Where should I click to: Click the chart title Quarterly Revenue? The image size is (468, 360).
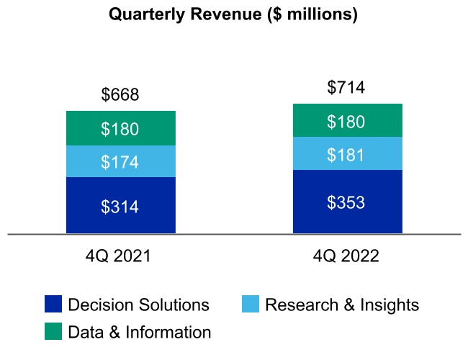[233, 14]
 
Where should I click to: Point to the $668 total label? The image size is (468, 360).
[120, 95]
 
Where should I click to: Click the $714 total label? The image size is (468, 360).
[346, 88]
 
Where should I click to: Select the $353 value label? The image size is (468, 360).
[346, 202]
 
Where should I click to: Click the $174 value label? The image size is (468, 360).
[120, 163]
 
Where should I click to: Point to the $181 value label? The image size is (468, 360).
[346, 155]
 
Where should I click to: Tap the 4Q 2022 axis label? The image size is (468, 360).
[346, 256]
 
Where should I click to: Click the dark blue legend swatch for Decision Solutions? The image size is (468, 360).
[53, 305]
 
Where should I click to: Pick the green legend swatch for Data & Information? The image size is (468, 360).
[53, 331]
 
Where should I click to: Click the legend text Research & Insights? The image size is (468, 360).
[341, 305]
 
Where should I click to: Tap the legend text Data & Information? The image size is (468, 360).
[140, 332]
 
